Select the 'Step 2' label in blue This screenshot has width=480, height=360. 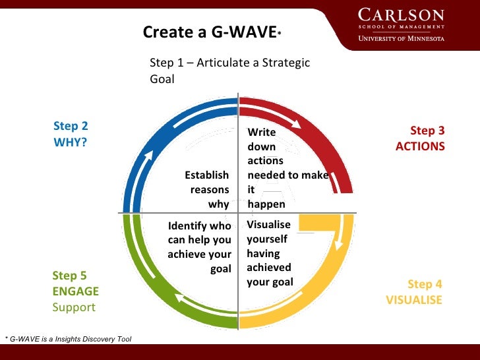click(x=71, y=126)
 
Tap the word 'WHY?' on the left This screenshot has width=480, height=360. click(x=70, y=141)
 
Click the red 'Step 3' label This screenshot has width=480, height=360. click(x=427, y=131)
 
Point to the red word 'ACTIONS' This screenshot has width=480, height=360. click(x=420, y=146)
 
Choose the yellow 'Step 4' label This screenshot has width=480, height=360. click(x=425, y=284)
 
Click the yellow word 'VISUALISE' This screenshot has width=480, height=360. click(x=414, y=299)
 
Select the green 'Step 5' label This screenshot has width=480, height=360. click(x=69, y=276)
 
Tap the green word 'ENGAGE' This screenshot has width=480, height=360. click(x=75, y=291)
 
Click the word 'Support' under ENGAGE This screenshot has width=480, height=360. click(x=74, y=307)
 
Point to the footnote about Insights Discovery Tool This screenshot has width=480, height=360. click(x=67, y=339)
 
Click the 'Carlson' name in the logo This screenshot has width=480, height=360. click(x=401, y=15)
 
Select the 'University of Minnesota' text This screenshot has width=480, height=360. click(x=401, y=38)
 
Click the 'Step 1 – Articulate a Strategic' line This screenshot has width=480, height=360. click(x=229, y=63)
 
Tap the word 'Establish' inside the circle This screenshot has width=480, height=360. click(x=206, y=175)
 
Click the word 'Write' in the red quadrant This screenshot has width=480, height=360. click(x=261, y=133)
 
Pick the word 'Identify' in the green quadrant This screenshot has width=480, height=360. click(x=188, y=226)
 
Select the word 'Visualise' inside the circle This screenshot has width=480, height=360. click(x=268, y=224)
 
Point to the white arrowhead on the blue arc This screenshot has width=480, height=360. click(x=149, y=157)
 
